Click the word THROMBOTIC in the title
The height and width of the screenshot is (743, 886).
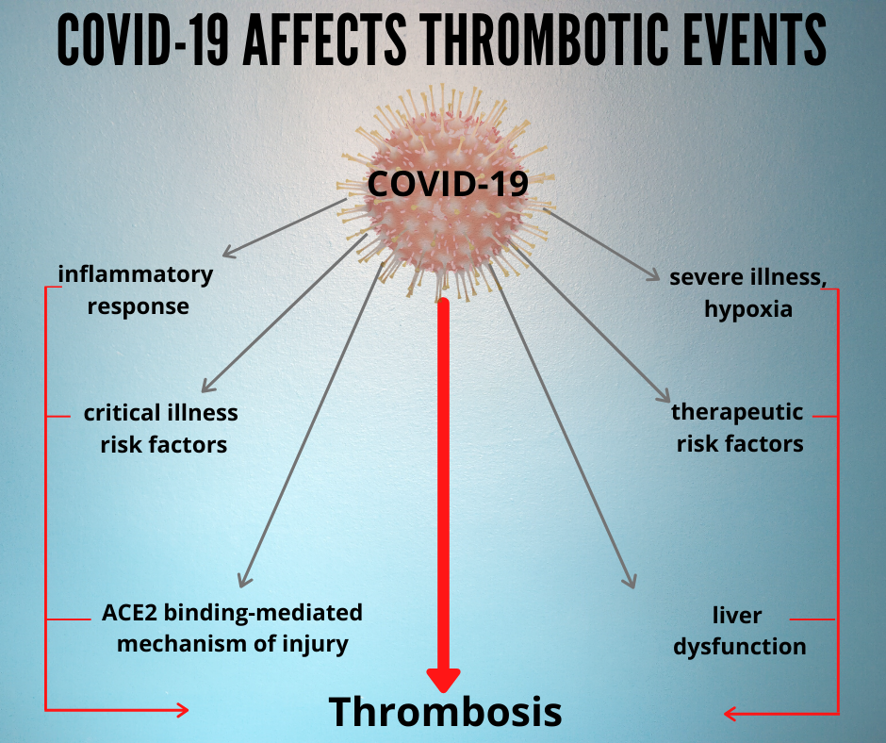[546, 41]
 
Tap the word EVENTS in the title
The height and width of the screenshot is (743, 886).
[756, 41]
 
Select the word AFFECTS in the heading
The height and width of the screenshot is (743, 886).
[325, 41]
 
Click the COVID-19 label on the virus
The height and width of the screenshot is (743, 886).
[448, 184]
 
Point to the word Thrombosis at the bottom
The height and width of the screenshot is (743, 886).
[445, 711]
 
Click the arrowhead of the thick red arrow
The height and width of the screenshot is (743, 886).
[444, 680]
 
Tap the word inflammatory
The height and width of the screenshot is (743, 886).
[136, 274]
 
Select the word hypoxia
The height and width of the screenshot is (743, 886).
[748, 310]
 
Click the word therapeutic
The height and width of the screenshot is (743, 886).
[737, 413]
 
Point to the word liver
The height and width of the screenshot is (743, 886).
[737, 615]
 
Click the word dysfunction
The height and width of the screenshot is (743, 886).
[740, 647]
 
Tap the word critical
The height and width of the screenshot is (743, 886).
[122, 413]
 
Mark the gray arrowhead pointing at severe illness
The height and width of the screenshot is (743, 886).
[653, 274]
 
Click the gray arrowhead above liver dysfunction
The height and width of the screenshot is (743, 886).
[630, 581]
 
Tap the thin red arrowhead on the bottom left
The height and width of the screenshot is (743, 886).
[183, 710]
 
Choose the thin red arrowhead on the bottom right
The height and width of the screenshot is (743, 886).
[730, 714]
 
